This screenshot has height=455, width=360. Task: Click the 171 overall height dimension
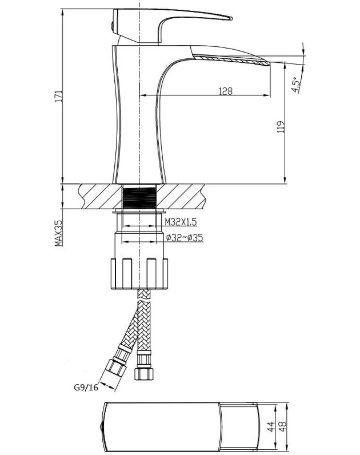pyautogui.click(x=59, y=96)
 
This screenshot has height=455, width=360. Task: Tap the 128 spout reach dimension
pyautogui.click(x=225, y=91)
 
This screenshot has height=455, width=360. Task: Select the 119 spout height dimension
pyautogui.click(x=281, y=127)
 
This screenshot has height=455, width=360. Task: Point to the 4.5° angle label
pyautogui.click(x=295, y=85)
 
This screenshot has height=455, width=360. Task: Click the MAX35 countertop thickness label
pyautogui.click(x=59, y=233)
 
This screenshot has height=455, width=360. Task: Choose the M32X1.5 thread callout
pyautogui.click(x=181, y=222)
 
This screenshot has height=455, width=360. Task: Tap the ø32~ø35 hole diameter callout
pyautogui.click(x=185, y=238)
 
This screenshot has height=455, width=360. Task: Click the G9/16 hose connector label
pyautogui.click(x=86, y=387)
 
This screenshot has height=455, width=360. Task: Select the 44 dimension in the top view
pyautogui.click(x=271, y=426)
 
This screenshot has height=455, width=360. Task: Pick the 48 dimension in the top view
pyautogui.click(x=282, y=426)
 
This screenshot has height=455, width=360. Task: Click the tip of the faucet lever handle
pyautogui.click(x=231, y=18)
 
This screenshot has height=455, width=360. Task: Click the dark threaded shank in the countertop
pyautogui.click(x=139, y=198)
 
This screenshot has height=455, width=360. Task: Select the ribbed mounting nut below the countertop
pyautogui.click(x=139, y=273)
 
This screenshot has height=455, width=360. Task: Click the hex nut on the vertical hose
pyautogui.click(x=143, y=374)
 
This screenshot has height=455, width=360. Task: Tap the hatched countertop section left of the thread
pyautogui.click(x=100, y=197)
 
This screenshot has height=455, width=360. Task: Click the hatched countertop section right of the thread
pyautogui.click(x=181, y=197)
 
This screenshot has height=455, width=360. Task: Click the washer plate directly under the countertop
pyautogui.click(x=139, y=211)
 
